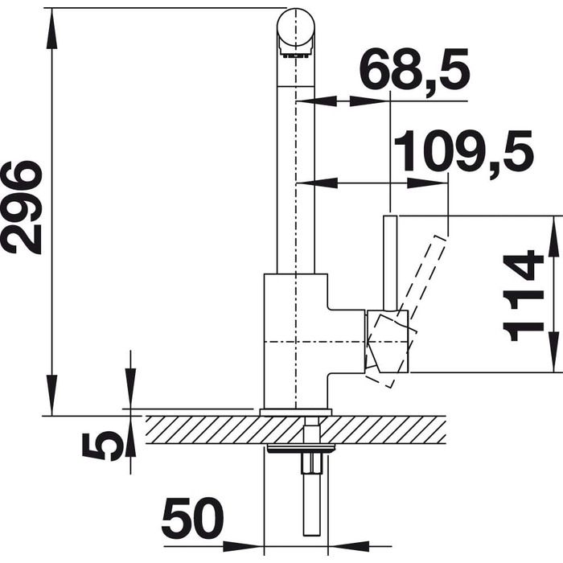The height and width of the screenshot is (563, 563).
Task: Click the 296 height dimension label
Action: tap(23, 208)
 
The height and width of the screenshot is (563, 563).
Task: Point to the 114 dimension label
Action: tap(524, 295)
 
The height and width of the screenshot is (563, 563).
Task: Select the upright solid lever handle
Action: tap(390, 263)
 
